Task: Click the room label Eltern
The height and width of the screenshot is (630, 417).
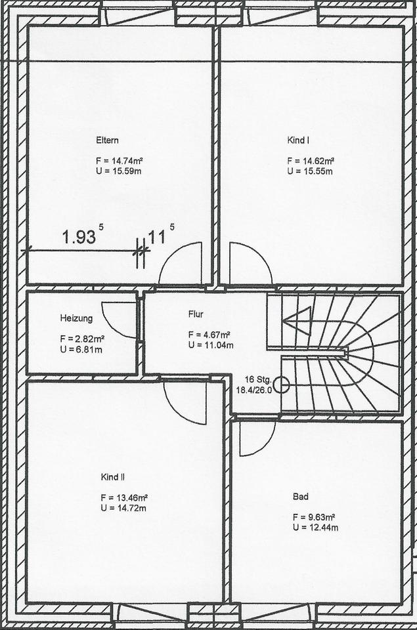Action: click(107, 140)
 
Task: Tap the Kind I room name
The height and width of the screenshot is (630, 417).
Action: click(298, 140)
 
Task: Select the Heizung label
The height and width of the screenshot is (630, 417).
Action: click(76, 318)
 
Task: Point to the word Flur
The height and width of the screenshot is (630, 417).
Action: click(196, 314)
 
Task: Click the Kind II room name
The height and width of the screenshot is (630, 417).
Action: click(112, 477)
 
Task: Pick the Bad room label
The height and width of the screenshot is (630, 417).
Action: click(300, 497)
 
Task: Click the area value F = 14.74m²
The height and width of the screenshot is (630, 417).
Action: click(120, 161)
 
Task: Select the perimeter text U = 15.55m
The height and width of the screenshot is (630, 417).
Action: click(310, 171)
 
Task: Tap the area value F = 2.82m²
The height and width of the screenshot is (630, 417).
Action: click(83, 339)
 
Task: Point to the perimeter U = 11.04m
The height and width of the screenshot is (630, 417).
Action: click(211, 345)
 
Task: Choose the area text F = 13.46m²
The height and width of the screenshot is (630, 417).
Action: click(124, 498)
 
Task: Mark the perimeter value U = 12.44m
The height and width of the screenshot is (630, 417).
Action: click(316, 528)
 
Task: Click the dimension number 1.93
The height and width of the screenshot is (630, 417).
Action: click(79, 237)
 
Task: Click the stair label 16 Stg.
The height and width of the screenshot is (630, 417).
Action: click(259, 379)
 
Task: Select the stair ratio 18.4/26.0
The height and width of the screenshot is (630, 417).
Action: click(254, 389)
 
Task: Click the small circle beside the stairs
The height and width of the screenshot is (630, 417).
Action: click(282, 385)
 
